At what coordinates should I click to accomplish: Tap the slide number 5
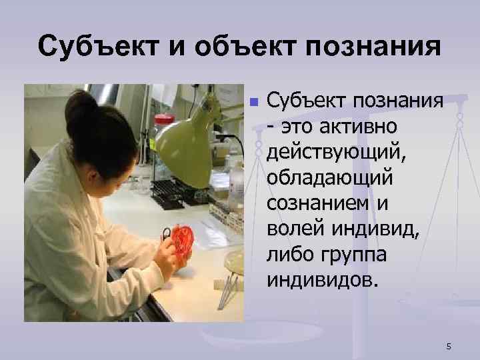pos(449,346)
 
